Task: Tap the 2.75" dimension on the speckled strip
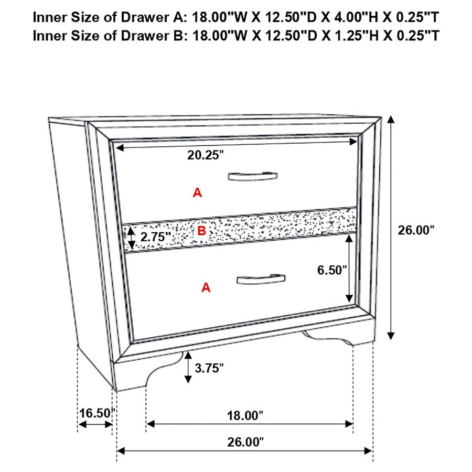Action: point(153,237)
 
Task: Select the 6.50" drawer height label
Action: point(332,270)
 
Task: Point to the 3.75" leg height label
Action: point(209,368)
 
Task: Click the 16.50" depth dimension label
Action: point(96,413)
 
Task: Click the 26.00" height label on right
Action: point(416,230)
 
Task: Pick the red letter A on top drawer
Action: point(197,193)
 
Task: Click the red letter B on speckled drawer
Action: point(201,230)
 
